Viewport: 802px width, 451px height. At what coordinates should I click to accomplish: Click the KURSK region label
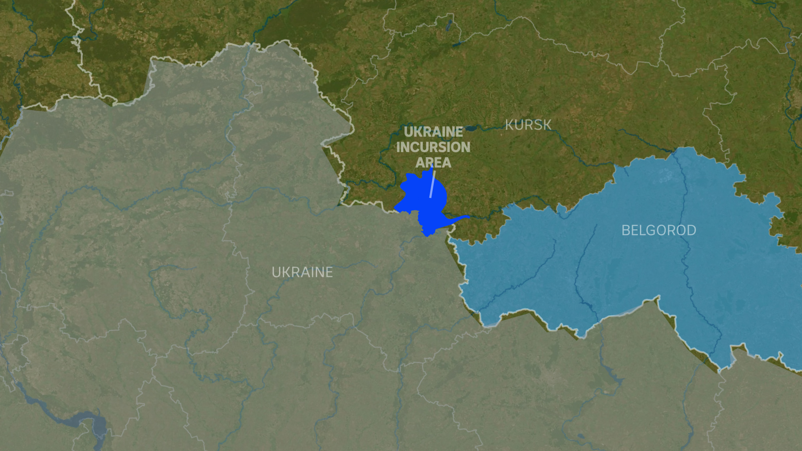coord(528,125)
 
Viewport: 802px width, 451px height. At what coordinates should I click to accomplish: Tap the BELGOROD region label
coord(659,231)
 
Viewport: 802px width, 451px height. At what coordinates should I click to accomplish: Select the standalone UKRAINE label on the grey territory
coord(302,272)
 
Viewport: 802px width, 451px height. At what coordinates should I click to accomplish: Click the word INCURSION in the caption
coord(433,147)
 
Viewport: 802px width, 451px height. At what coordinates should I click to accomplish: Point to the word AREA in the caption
coord(433,162)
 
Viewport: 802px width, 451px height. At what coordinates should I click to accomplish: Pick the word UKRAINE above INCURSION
coord(433,132)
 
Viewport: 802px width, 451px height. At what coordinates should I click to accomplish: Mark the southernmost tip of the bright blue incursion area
coord(427,236)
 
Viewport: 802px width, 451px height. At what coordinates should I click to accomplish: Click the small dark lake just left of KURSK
coord(471,129)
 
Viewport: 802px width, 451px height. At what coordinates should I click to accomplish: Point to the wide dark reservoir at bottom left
coord(94,422)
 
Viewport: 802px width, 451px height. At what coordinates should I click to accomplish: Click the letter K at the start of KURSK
coord(509,125)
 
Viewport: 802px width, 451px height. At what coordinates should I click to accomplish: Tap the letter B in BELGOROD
coord(625,231)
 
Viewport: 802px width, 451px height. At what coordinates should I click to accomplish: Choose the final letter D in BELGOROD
coord(691,231)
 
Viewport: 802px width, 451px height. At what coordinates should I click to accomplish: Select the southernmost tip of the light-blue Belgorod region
coord(719,370)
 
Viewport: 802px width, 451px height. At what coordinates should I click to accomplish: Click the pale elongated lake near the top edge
coord(449,25)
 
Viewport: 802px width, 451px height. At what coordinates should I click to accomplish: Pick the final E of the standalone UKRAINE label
coord(329,272)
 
